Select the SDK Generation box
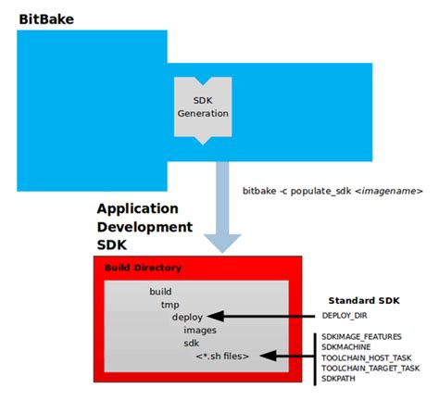pos(202,107)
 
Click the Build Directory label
pos(143,268)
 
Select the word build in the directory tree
pos(160,291)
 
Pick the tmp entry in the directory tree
pos(169,304)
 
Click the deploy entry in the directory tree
pos(188,316)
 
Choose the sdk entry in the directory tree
pos(192,342)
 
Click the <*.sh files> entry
pos(221,355)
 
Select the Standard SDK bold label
pos(365,301)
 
